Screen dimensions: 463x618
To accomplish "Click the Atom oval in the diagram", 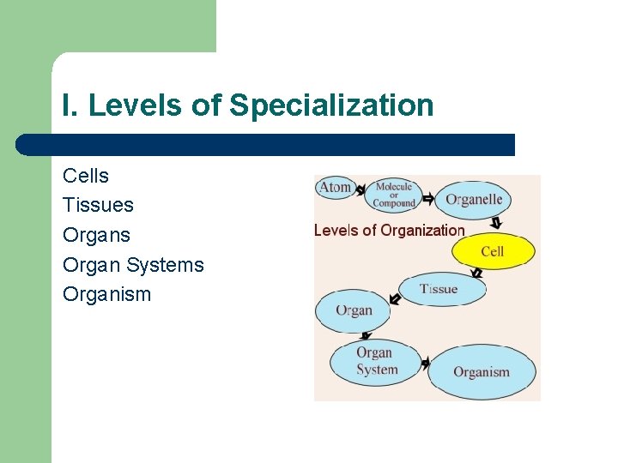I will pos(336,187).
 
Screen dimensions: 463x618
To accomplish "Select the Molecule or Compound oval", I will pos(394,195).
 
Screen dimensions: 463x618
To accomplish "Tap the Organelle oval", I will pos(473,201).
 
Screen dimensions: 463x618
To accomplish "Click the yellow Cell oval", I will pos(493,251).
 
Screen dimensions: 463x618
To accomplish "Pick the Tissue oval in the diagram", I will pos(440,289).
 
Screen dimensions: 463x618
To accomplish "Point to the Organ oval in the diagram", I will pos(353,310).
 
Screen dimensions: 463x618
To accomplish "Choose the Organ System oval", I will pos(377,361).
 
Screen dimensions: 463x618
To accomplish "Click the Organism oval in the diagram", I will pos(482,372).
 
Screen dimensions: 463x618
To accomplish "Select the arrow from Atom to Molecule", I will pos(361,188).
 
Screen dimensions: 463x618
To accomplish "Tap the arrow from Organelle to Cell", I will pos(496,225).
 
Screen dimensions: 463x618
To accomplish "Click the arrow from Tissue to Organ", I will pos(395,298).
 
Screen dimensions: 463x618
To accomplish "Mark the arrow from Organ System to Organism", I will pos(423,364).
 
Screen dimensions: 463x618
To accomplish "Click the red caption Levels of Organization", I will pos(389,230).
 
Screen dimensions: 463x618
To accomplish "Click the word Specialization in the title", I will pos(331,105).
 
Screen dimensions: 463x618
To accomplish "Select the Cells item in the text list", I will pos(86,176).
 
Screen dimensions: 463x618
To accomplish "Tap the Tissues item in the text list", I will pos(98,205).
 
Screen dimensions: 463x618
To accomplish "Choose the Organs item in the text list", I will pos(96,235).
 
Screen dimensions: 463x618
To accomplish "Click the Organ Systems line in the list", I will pos(133,264).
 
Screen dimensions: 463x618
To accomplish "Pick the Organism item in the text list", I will pos(106,294).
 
